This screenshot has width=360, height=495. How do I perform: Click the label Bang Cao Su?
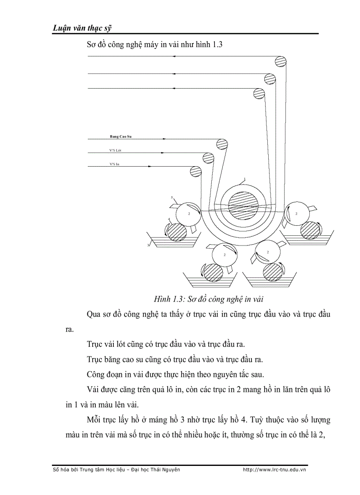(x=120, y=137)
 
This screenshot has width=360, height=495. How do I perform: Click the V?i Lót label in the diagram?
(x=115, y=150)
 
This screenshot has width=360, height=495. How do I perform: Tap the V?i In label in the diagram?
(x=115, y=164)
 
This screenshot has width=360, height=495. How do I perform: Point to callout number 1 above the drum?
(x=244, y=179)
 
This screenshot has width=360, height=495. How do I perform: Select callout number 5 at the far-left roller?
(x=172, y=197)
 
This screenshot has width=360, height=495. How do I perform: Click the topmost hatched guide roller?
(x=280, y=63)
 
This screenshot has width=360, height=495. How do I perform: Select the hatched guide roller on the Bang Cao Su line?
(x=222, y=145)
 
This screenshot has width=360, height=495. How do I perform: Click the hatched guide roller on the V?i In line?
(x=195, y=171)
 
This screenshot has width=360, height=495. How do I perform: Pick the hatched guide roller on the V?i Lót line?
(x=208, y=158)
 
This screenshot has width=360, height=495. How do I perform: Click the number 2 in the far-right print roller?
(x=296, y=214)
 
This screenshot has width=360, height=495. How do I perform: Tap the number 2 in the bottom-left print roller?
(x=225, y=255)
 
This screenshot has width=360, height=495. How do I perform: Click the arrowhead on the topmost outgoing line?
(x=174, y=56)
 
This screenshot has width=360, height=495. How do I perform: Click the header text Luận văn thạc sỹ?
(x=76, y=28)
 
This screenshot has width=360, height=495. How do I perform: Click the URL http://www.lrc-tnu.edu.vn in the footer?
(x=274, y=469)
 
